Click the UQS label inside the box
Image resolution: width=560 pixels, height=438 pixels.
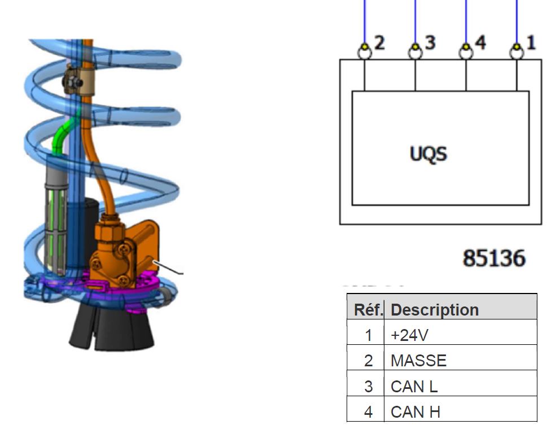point(428,155)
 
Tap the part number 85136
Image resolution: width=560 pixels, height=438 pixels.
point(494,258)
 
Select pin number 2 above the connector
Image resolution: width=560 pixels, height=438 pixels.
point(379,43)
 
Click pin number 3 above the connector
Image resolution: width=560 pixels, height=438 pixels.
point(430,43)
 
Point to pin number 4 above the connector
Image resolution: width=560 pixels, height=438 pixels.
point(480,43)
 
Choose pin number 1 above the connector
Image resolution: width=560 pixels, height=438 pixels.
point(531,43)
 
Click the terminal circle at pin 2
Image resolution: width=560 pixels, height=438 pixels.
point(365,52)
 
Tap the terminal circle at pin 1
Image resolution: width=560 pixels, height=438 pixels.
point(517,52)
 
